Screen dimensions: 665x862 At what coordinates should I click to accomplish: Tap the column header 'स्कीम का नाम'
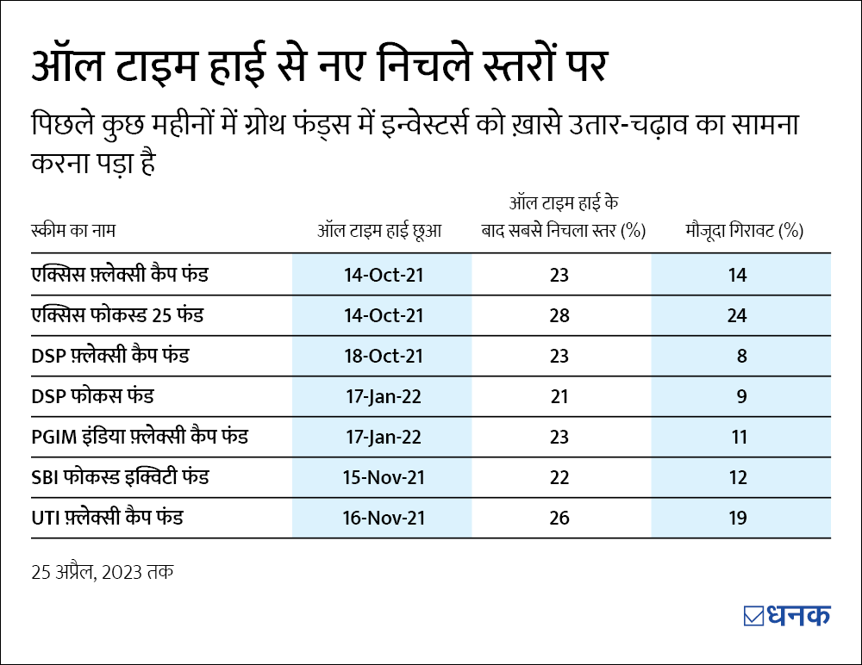[x=72, y=231]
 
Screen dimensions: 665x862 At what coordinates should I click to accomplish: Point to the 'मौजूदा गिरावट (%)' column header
[x=744, y=231]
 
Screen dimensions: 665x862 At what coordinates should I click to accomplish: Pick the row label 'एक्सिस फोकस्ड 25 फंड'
[x=116, y=314]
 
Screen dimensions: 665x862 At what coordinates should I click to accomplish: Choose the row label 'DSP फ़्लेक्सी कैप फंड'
[x=109, y=355]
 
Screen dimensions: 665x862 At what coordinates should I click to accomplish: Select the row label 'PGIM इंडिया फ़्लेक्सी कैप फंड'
[x=139, y=437]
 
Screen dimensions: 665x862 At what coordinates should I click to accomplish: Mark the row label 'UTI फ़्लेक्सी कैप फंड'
[x=107, y=518]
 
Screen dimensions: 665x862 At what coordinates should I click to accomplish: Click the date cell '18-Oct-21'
[x=382, y=356]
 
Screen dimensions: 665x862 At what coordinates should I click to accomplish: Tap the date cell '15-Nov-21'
[x=382, y=478]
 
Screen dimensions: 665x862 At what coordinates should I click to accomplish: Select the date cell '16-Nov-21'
[x=382, y=519]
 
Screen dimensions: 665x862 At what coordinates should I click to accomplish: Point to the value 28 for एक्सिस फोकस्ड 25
[x=559, y=315]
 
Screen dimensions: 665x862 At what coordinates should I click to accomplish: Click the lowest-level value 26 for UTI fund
[x=559, y=519]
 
